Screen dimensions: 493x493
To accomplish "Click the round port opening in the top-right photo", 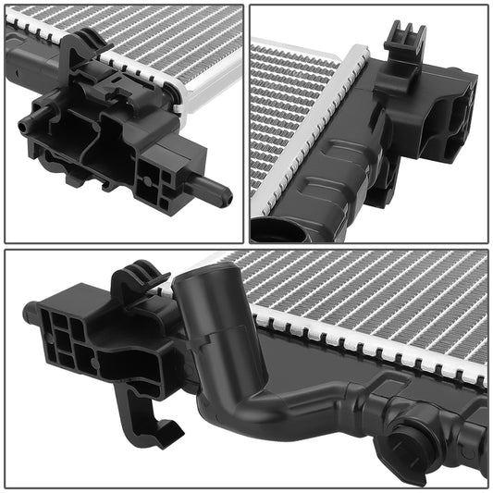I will (273, 231).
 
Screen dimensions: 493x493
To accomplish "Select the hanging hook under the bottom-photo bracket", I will (153, 421).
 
